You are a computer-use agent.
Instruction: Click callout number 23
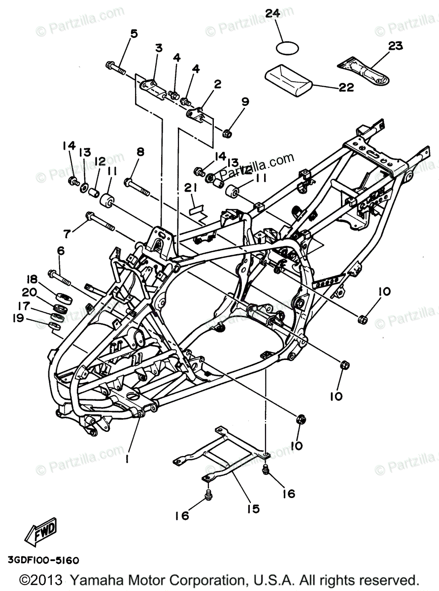point(395,46)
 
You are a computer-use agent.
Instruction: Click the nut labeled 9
point(228,132)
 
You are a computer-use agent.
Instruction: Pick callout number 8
point(140,152)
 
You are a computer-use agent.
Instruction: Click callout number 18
point(32,278)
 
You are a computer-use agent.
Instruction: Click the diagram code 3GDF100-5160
point(43,560)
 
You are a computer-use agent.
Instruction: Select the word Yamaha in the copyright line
point(95,579)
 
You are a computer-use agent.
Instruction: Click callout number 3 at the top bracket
point(159,48)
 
